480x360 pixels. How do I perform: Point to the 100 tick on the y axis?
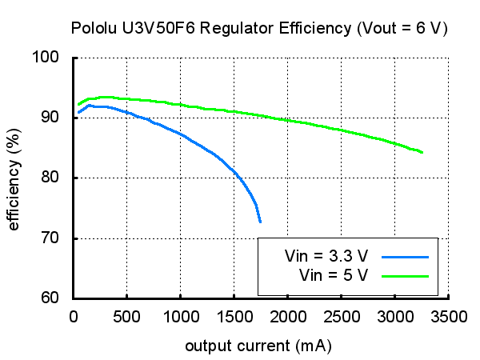tap(54, 58)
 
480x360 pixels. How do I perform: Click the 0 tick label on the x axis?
tap(73, 317)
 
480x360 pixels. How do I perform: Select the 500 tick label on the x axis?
tap(126, 317)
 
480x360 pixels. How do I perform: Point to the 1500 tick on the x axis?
tap(234, 317)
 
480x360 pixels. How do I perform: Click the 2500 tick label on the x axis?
tap(341, 317)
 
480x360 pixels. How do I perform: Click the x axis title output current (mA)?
tap(258, 346)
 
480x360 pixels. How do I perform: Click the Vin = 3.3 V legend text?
tap(326, 258)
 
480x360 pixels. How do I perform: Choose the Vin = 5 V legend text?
tap(334, 275)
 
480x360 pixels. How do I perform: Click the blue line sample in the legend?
tap(406, 258)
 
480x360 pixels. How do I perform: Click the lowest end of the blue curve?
tap(260, 222)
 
